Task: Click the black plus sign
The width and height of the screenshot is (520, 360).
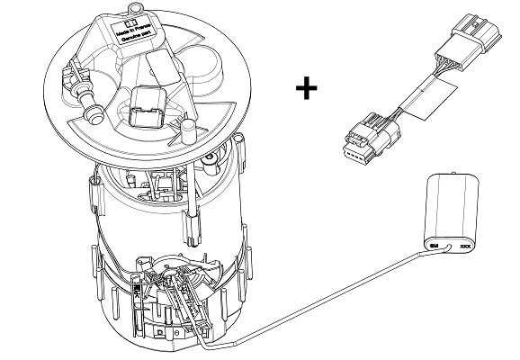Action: tap(308, 88)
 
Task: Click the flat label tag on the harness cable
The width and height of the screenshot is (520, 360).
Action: tap(424, 100)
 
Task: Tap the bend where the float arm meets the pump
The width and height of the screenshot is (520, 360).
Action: tap(206, 342)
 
